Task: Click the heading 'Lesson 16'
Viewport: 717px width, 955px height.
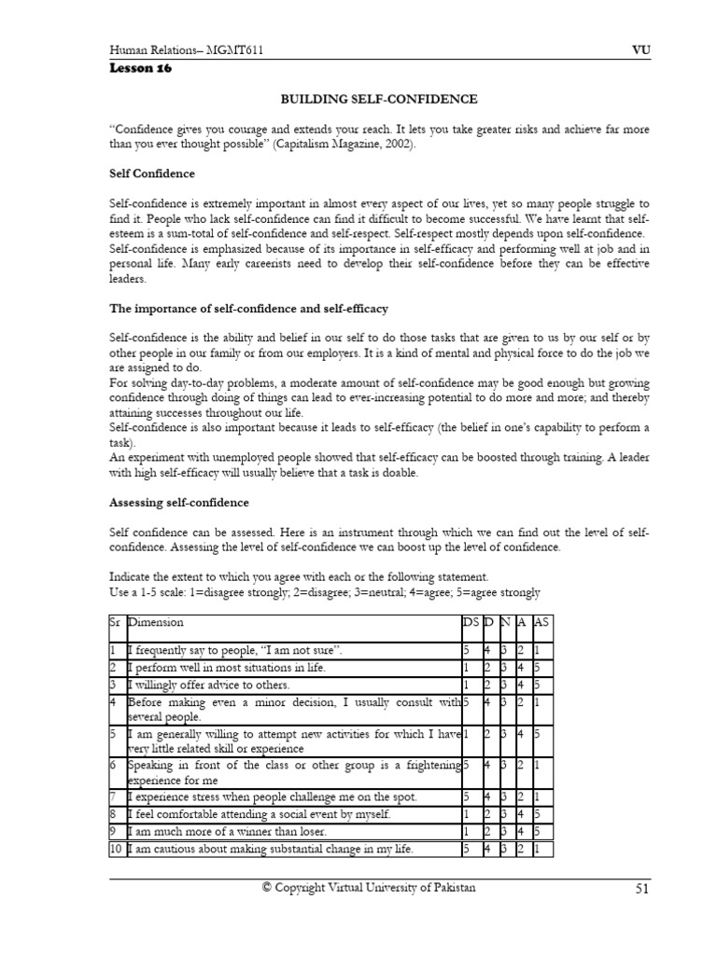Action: point(141,68)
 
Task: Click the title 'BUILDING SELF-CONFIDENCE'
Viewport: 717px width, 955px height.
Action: point(380,99)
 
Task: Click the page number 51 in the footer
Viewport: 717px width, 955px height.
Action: point(641,889)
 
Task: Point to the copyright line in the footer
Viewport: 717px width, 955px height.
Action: point(368,888)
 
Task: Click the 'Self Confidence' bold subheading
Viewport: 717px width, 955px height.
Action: point(152,173)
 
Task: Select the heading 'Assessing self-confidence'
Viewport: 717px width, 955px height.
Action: point(179,503)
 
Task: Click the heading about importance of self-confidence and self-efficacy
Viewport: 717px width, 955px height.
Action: point(248,309)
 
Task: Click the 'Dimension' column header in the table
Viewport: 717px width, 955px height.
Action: point(156,622)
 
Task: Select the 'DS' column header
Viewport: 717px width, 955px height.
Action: point(470,622)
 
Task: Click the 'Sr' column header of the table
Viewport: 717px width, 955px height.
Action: point(115,622)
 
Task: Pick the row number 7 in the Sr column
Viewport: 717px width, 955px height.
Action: point(113,797)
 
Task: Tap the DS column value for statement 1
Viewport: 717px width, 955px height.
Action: point(466,650)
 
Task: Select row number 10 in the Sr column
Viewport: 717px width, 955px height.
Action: point(116,849)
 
